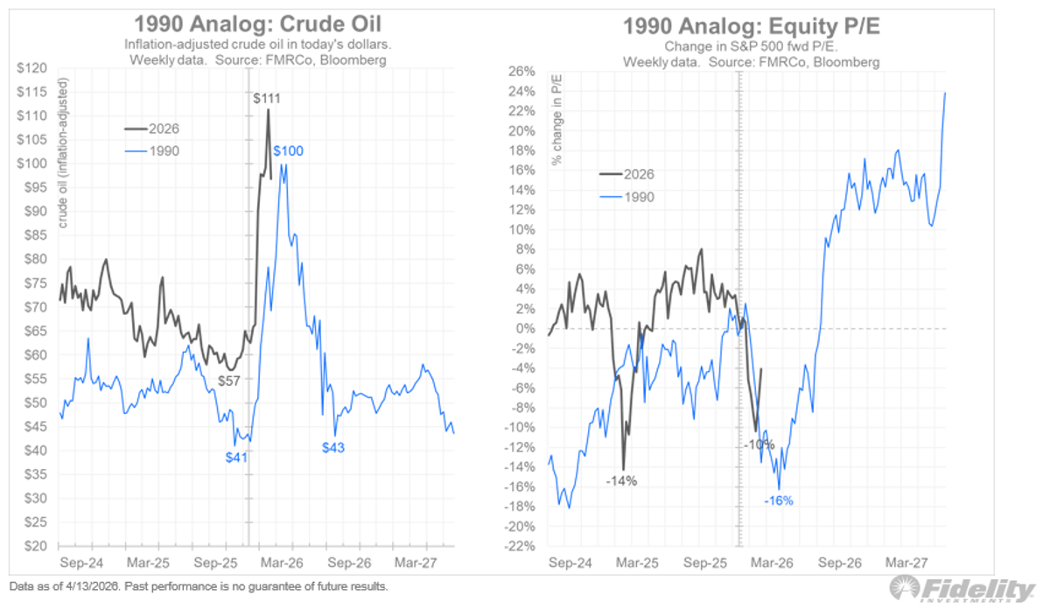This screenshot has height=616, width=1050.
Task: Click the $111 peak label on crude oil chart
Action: (x=267, y=98)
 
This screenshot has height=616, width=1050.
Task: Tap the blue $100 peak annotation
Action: (x=289, y=151)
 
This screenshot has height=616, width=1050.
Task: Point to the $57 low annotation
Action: (x=228, y=381)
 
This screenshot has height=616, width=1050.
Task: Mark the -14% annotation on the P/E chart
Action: (x=620, y=480)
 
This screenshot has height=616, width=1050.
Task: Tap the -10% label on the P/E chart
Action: (x=759, y=444)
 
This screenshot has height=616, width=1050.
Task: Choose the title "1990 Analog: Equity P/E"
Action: (x=751, y=26)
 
